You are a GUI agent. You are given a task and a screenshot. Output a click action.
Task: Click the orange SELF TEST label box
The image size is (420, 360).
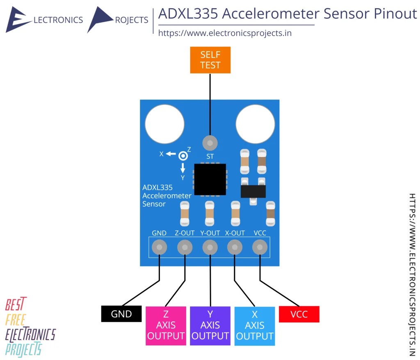pyautogui.click(x=210, y=60)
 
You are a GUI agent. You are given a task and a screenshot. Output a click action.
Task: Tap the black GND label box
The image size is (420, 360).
pyautogui.click(x=121, y=314)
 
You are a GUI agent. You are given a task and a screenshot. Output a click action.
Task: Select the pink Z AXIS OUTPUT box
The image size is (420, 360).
pyautogui.click(x=166, y=326)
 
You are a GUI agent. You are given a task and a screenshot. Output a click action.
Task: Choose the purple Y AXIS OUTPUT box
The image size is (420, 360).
pyautogui.click(x=210, y=326)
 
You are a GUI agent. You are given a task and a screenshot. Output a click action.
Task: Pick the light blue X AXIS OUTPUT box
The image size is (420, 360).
pyautogui.click(x=254, y=326)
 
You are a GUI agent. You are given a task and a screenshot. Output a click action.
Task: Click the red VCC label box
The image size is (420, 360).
pyautogui.click(x=299, y=314)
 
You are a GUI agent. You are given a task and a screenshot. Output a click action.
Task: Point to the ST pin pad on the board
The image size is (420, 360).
pyautogui.click(x=210, y=143)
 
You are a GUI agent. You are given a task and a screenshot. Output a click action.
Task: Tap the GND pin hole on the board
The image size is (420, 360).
pyautogui.click(x=159, y=247)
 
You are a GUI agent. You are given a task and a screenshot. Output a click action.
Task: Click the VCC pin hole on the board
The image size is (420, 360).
pyautogui.click(x=260, y=247)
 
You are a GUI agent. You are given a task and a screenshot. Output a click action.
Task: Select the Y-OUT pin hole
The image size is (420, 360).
pyautogui.click(x=210, y=247)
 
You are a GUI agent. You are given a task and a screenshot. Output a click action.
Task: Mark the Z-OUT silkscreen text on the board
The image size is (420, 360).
pyautogui.click(x=185, y=233)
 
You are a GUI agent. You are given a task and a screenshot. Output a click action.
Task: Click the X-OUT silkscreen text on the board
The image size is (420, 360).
pyautogui.click(x=235, y=233)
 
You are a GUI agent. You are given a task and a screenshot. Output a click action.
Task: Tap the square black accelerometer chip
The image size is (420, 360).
pyautogui.click(x=210, y=179)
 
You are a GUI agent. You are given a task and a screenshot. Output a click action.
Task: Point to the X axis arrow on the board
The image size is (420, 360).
pyautogui.click(x=171, y=154)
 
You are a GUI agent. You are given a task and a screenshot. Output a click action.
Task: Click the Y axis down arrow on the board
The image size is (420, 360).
pyautogui.click(x=183, y=167)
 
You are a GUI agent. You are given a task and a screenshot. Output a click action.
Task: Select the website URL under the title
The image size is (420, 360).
pyautogui.click(x=225, y=33)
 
